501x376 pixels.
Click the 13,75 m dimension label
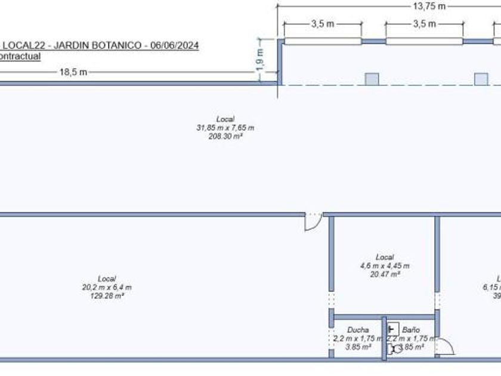point(429,7)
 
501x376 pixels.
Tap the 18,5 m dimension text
point(73,72)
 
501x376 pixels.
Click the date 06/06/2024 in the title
point(175,45)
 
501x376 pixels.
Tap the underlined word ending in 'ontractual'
point(20,56)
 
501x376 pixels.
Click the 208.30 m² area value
point(225,136)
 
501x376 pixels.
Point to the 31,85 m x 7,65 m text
point(225,128)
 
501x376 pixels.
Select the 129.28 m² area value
point(107,295)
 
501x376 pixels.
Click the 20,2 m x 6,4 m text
point(107,287)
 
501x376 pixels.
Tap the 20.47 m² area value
point(385,274)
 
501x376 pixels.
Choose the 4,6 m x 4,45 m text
point(385,266)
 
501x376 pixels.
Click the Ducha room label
point(358,329)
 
